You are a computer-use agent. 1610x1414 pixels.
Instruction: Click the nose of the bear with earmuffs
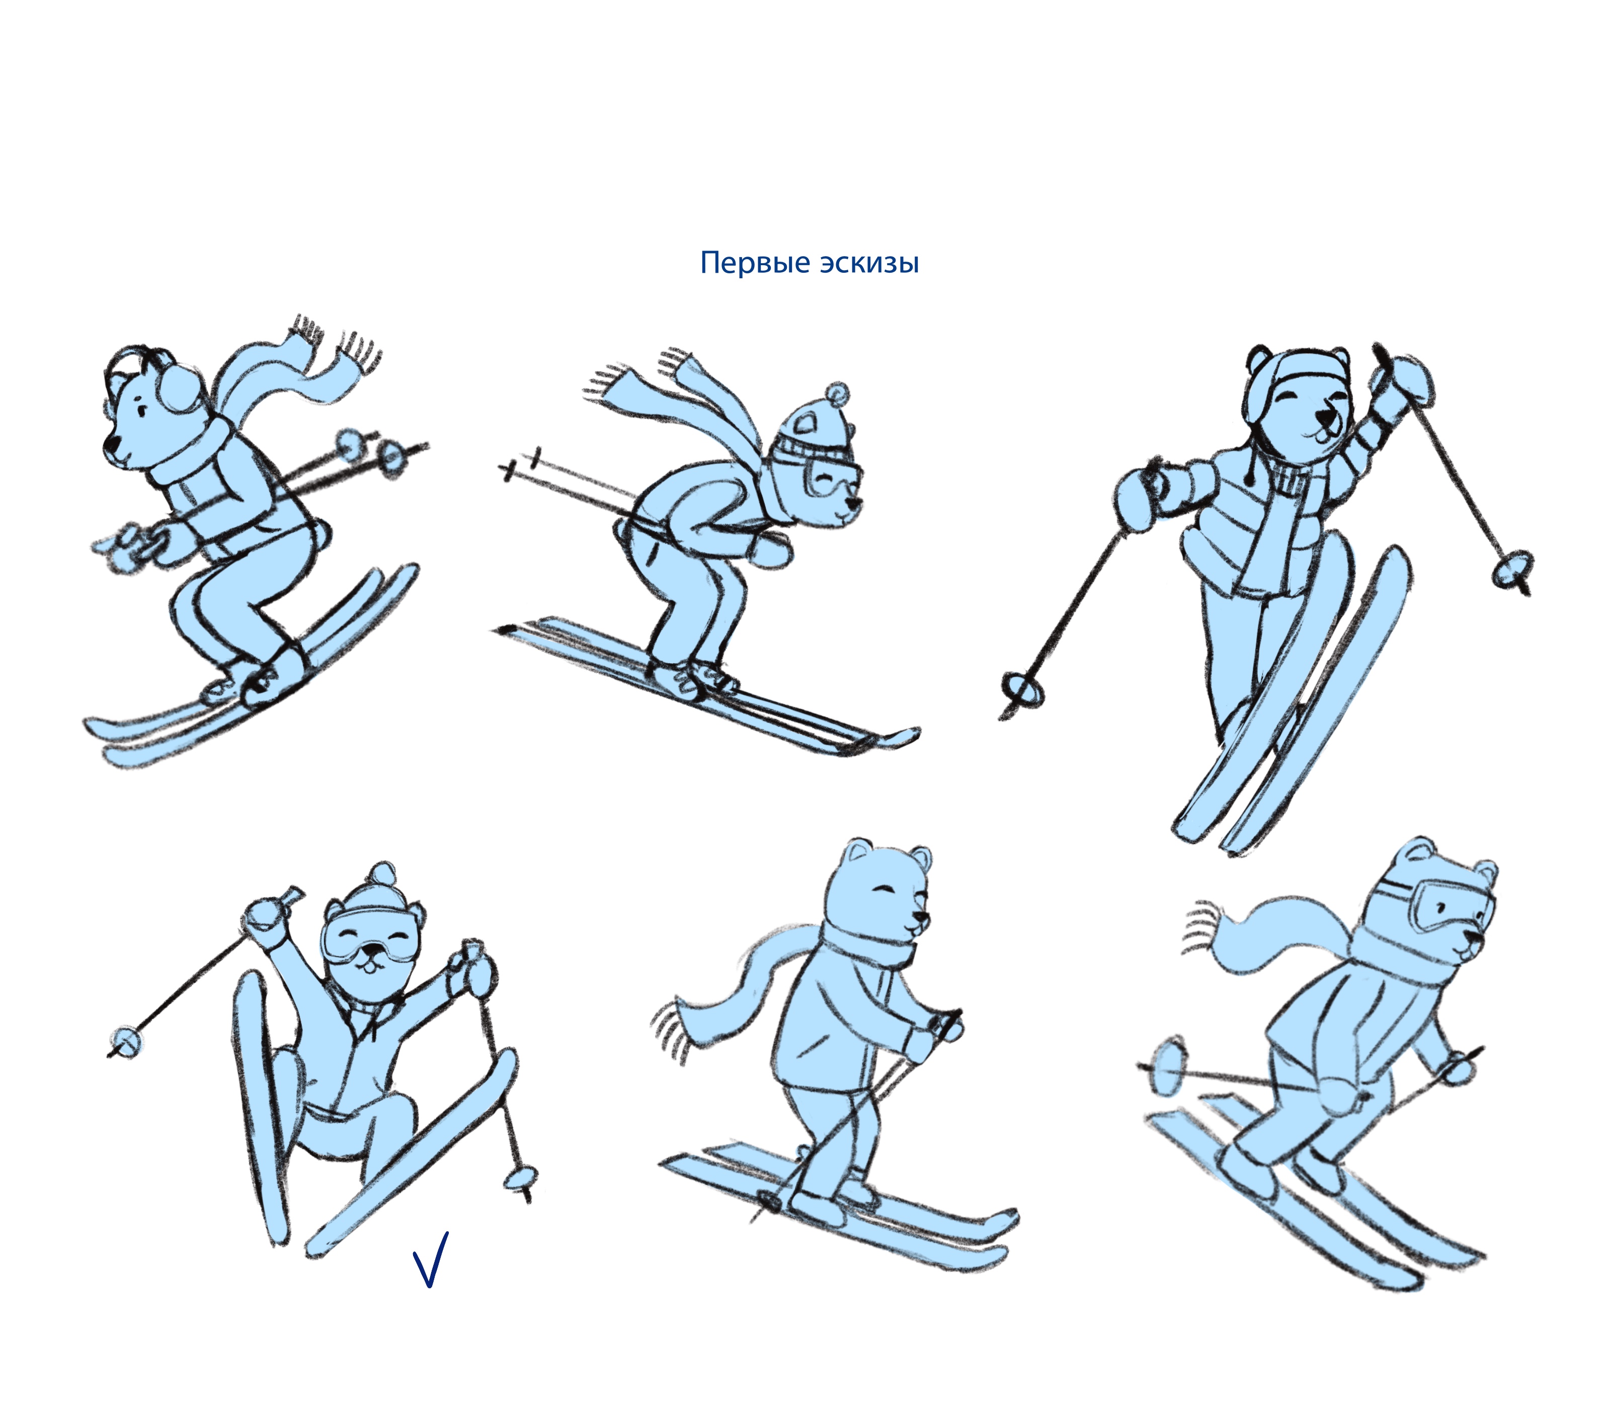[112, 445]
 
